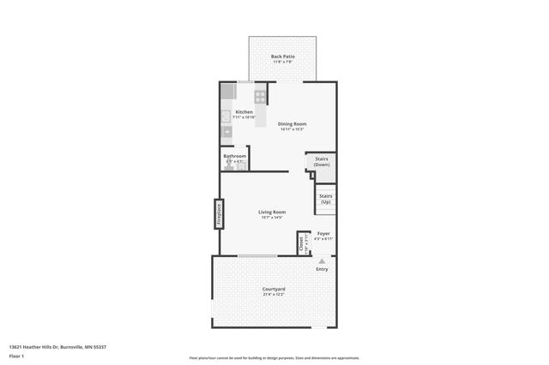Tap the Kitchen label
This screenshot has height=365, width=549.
[244, 112]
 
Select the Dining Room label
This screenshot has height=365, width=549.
[292, 123]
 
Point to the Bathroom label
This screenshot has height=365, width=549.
[235, 156]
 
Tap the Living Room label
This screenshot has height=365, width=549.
[273, 212]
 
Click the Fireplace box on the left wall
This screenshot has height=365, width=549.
[219, 213]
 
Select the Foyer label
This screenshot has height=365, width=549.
[323, 233]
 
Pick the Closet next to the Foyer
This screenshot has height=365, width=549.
[302, 243]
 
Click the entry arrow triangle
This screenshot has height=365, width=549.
[322, 259]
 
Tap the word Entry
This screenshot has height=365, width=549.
[322, 269]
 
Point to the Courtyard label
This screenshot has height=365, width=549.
[274, 289]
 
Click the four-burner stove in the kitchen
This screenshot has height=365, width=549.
[260, 96]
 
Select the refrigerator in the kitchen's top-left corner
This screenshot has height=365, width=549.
[227, 92]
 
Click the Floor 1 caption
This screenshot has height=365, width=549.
[17, 355]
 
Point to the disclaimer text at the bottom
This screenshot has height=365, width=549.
[274, 358]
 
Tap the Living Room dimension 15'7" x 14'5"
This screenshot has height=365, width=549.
[273, 218]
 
